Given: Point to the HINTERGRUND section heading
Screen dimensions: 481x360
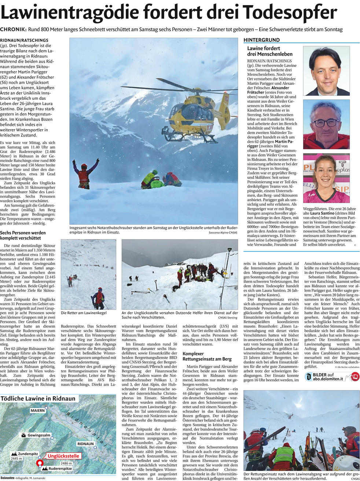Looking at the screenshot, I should click(262, 40).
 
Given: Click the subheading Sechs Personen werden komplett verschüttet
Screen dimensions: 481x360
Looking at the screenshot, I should click(23, 235).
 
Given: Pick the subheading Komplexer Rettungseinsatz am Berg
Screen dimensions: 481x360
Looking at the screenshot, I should click(207, 356).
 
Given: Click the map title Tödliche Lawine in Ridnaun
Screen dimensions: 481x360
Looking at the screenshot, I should click(38, 398).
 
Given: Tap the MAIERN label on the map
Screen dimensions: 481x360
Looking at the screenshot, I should click(37, 411).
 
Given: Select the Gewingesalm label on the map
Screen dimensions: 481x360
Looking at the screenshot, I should click(39, 436).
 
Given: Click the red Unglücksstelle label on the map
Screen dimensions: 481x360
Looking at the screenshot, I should click(63, 456).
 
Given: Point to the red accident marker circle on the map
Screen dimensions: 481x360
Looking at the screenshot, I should click(40, 463).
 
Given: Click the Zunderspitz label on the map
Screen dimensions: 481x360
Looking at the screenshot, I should click(28, 454).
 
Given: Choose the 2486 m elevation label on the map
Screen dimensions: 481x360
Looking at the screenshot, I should click(66, 463).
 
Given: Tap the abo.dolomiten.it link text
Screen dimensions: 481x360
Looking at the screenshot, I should click(328, 379).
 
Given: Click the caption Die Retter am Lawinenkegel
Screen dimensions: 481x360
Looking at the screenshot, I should click(84, 313).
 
